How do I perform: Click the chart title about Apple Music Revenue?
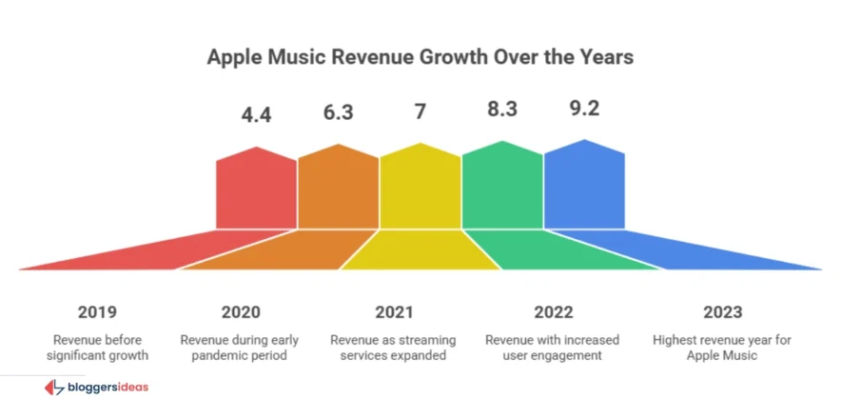(x=420, y=57)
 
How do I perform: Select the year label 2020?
(x=240, y=312)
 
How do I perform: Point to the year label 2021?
(x=394, y=312)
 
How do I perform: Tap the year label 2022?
(x=553, y=312)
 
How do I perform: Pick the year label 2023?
(x=722, y=312)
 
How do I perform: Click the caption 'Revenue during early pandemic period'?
(x=240, y=348)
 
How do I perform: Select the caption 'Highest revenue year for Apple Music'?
(x=722, y=348)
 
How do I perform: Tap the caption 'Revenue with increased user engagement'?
(x=553, y=348)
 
